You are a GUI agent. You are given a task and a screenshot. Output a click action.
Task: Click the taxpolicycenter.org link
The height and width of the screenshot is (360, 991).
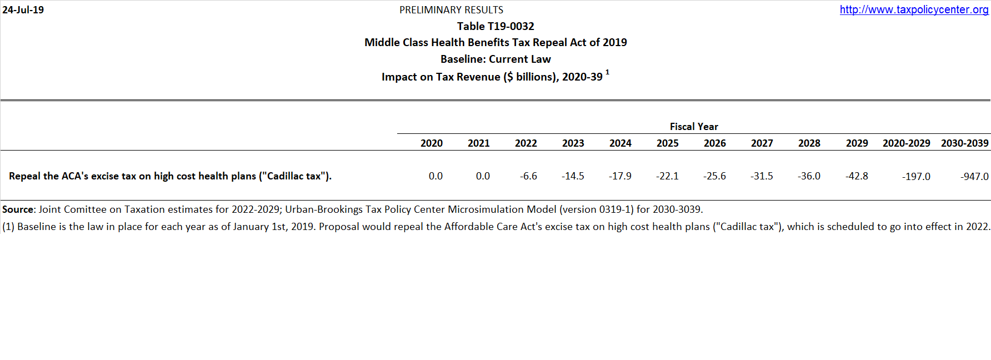[914, 9]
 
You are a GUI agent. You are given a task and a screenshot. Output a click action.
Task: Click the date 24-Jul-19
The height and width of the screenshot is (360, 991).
[23, 10]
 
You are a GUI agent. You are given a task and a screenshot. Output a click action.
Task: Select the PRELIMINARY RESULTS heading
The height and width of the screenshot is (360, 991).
[451, 10]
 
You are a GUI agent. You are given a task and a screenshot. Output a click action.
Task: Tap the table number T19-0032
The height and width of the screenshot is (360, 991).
[495, 26]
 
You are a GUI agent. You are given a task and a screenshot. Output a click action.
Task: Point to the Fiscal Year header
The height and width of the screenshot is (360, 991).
[694, 127]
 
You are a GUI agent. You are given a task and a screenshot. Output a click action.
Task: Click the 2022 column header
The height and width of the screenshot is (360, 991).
[526, 143]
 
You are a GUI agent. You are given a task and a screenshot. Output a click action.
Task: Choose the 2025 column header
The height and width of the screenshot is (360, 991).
[668, 143]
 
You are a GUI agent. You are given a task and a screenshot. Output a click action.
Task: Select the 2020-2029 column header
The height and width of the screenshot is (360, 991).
[907, 143]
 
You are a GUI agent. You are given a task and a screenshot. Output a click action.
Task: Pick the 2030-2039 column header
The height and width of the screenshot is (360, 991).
[965, 143]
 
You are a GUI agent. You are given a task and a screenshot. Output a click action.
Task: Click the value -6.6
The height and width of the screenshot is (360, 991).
[529, 176]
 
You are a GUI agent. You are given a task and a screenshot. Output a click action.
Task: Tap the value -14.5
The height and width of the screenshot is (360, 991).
[573, 176]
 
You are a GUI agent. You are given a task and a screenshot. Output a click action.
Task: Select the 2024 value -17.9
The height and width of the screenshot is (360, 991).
[620, 176]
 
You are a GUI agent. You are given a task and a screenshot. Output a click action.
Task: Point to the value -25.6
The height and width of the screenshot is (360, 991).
[714, 176]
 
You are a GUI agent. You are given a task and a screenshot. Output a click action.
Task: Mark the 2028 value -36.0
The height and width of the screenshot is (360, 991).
[809, 176]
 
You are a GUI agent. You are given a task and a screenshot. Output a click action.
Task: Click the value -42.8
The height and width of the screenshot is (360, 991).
[857, 176]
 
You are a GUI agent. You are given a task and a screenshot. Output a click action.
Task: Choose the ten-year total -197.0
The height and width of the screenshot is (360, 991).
[916, 177]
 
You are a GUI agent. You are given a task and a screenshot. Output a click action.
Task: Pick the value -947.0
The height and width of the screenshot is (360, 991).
[974, 177]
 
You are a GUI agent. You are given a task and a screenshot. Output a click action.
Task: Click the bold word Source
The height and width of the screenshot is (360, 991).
[18, 209]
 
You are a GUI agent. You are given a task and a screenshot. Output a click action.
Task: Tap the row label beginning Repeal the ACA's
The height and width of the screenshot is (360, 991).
[170, 176]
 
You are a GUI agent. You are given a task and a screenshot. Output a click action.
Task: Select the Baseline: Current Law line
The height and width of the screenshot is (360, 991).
[495, 59]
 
